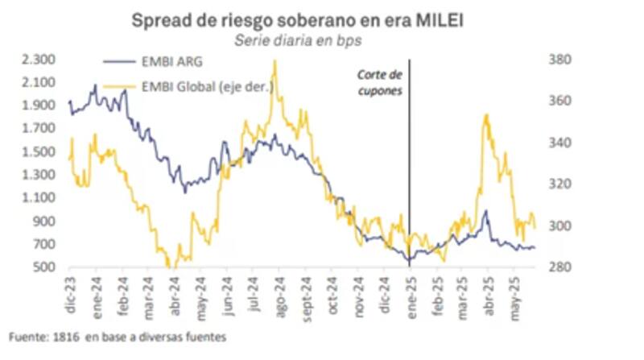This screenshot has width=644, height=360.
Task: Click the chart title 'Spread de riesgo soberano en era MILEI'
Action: click(x=298, y=21)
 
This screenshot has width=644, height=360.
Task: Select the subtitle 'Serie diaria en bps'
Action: click(x=296, y=40)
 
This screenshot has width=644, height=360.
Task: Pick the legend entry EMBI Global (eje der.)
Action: click(x=208, y=87)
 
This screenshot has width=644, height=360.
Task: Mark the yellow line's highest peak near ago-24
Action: click(x=275, y=61)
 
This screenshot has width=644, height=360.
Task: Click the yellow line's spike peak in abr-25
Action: click(x=485, y=115)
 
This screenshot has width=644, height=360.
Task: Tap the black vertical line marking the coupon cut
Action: click(x=409, y=161)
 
